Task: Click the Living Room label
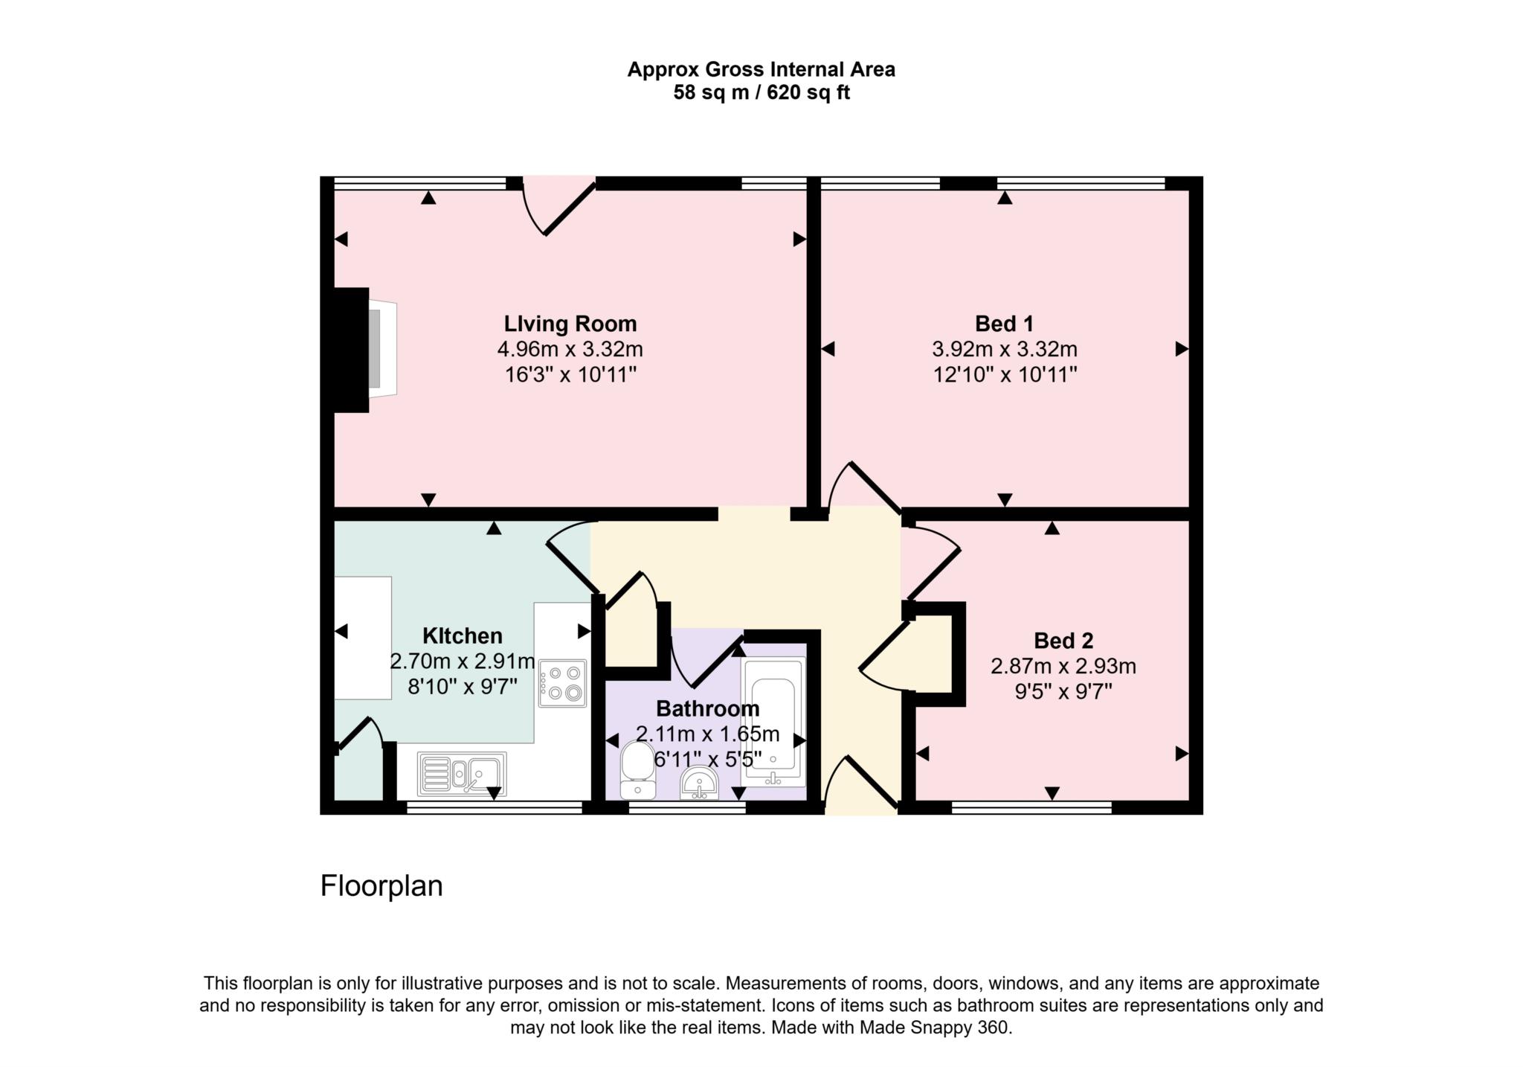pos(570,324)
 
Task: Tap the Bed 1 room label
pos(1004,324)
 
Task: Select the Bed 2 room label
pos(1063,641)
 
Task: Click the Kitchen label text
pos(462,635)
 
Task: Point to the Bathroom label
pos(707,708)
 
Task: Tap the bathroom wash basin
pos(699,784)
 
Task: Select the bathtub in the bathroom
pos(773,722)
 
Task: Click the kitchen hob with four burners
pos(563,683)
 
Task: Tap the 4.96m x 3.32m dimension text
pos(570,349)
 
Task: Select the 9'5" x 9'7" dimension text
pos(1063,692)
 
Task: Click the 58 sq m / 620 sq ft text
pos(761,93)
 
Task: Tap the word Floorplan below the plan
pos(381,886)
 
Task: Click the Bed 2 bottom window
pos(1031,808)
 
